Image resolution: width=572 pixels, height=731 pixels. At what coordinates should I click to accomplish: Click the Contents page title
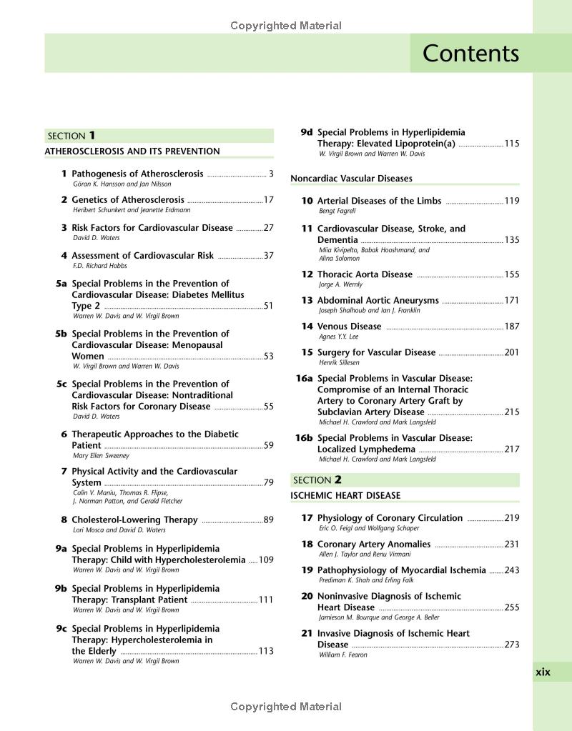[470, 54]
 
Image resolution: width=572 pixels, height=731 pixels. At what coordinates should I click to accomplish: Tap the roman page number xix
[543, 672]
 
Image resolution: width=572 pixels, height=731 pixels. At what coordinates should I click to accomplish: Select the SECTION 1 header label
[71, 136]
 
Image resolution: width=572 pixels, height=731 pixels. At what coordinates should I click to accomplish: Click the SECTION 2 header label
[317, 480]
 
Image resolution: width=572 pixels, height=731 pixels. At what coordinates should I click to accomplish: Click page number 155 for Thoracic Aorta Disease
[511, 274]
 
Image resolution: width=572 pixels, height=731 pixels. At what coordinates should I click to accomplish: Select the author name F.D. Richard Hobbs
[100, 266]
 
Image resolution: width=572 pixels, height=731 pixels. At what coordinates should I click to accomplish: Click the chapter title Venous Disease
[349, 327]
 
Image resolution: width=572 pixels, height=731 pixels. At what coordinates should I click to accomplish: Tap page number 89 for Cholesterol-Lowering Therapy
[268, 520]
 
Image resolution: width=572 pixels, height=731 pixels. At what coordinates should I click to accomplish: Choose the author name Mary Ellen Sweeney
[101, 456]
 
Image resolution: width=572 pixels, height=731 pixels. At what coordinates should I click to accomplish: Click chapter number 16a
[304, 379]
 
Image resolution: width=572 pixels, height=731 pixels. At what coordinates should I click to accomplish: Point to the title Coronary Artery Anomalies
[374, 544]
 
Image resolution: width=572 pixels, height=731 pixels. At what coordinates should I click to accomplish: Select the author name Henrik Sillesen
[339, 363]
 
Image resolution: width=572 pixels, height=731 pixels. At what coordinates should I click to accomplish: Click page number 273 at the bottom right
[511, 645]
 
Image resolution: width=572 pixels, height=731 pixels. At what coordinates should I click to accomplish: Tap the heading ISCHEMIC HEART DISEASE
[345, 496]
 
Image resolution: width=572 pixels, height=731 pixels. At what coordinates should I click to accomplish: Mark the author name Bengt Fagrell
[337, 212]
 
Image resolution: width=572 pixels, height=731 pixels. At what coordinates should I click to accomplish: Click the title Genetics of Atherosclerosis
[128, 200]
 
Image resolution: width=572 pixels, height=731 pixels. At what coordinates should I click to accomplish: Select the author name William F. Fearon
[342, 655]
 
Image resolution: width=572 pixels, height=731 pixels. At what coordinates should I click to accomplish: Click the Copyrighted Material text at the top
[286, 26]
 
